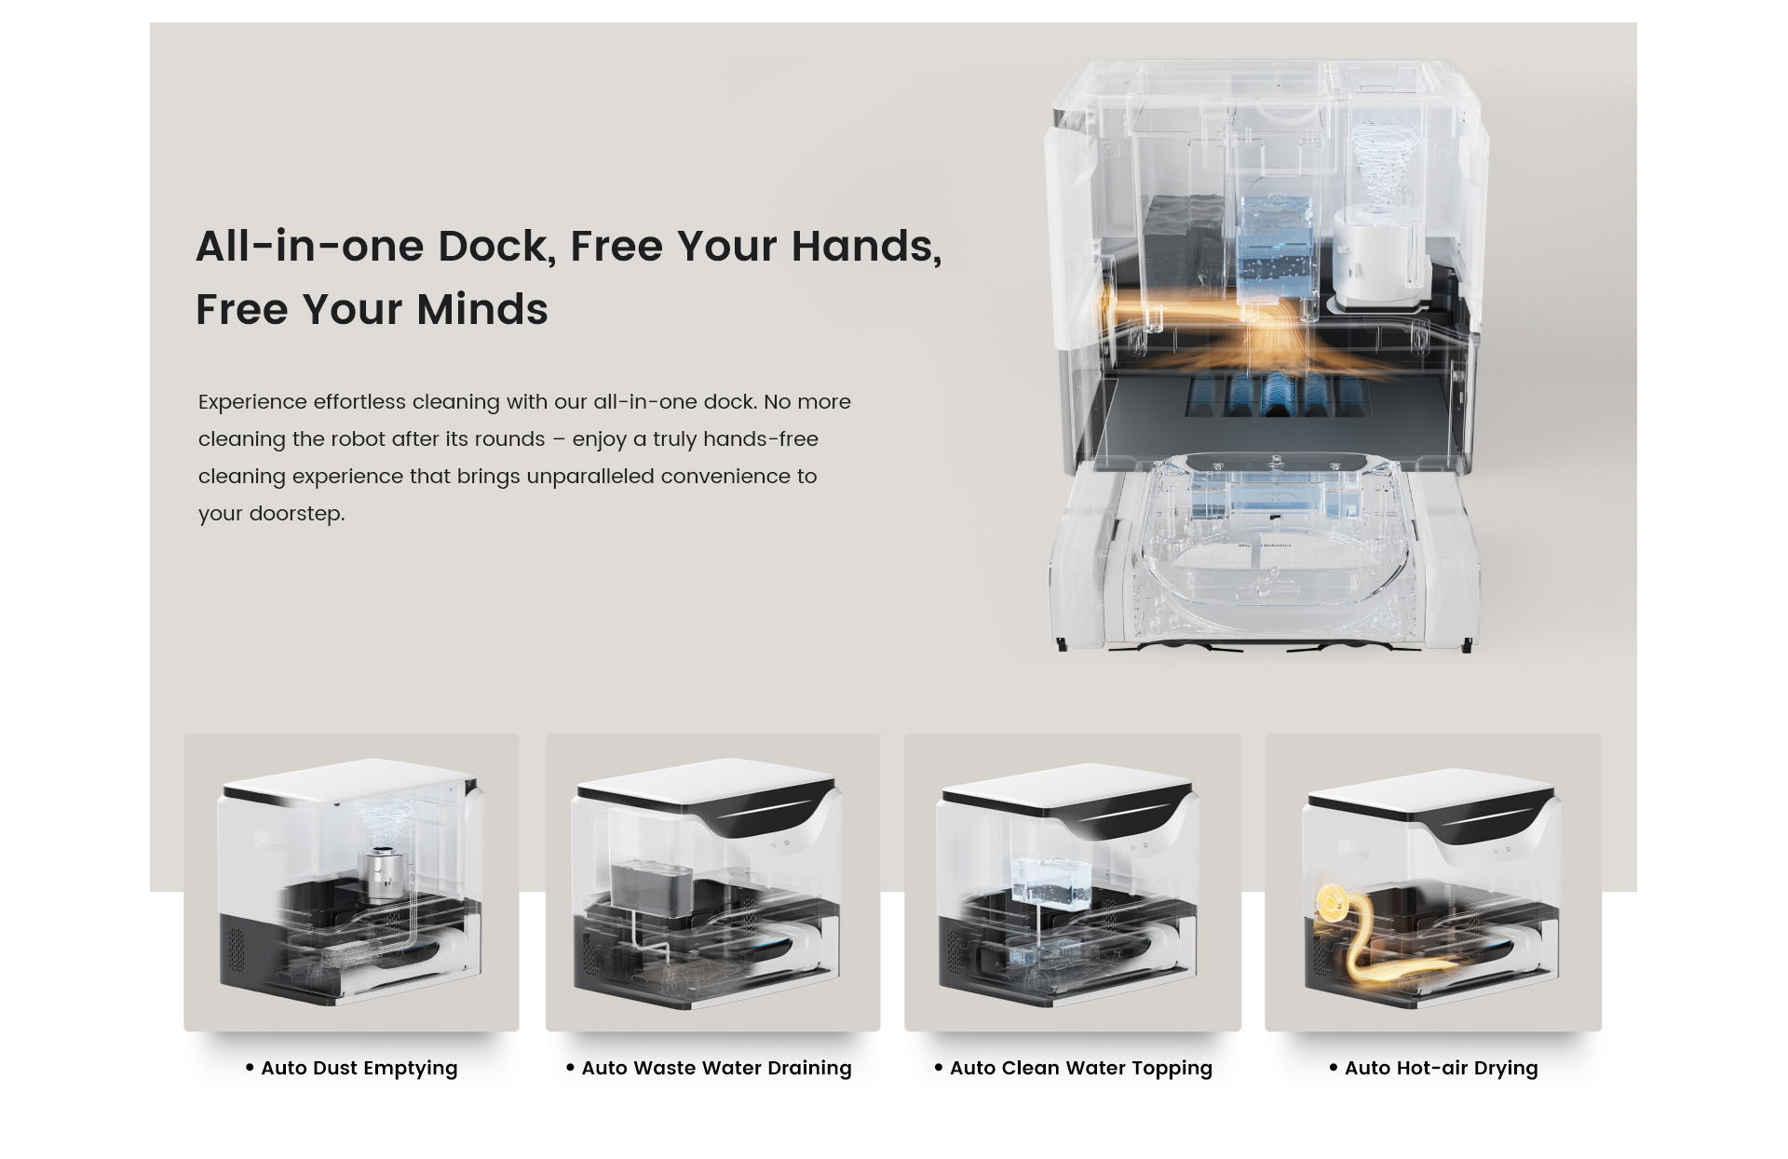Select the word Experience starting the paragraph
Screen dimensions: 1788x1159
tap(252, 402)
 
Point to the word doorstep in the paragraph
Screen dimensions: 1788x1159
tap(297, 514)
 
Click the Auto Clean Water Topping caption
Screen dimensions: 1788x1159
tap(1081, 1068)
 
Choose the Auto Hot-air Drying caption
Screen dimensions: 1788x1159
tap(1442, 1068)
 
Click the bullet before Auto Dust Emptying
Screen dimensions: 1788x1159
tap(250, 1068)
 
